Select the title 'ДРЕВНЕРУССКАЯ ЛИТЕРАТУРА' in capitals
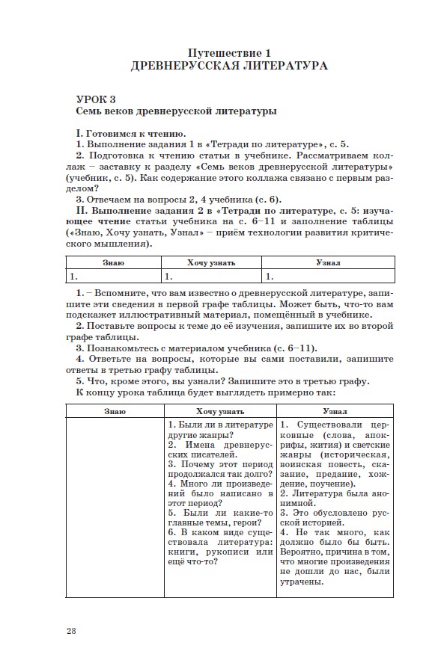[x=228, y=66]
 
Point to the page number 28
[x=71, y=631]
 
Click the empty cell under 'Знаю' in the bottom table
[x=115, y=508]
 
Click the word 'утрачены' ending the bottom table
[x=304, y=582]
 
